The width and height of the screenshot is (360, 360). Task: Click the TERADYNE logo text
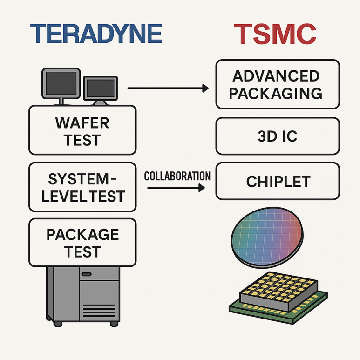pos(96,34)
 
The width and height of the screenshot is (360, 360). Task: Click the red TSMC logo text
pos(275,34)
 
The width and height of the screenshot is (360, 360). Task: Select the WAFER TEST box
pos(82,130)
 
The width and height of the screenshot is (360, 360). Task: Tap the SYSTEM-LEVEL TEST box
pos(82,187)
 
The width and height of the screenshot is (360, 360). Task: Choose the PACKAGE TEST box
pos(82,243)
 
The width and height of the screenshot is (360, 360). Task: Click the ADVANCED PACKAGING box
pos(278,84)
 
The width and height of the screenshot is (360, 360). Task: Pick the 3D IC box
pos(278,136)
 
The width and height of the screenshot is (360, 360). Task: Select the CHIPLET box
pos(278,181)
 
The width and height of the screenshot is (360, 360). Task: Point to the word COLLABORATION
pos(177,177)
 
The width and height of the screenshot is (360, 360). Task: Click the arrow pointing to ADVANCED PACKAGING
pos(168,88)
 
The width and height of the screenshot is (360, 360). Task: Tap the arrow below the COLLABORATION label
pos(176,188)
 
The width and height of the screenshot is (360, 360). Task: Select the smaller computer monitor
pos(100,89)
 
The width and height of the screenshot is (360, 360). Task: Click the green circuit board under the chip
pos(242,307)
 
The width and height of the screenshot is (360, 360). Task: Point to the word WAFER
pos(82,122)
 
